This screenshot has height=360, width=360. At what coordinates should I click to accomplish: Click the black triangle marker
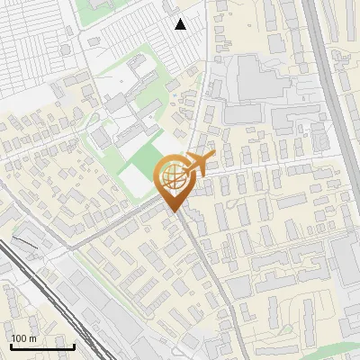181,24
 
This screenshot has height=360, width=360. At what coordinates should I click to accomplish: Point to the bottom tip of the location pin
175,211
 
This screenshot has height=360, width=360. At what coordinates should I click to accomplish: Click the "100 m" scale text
24,338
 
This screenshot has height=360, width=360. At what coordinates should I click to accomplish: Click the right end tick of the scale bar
74,346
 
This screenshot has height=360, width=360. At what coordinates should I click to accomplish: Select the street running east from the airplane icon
270,166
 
